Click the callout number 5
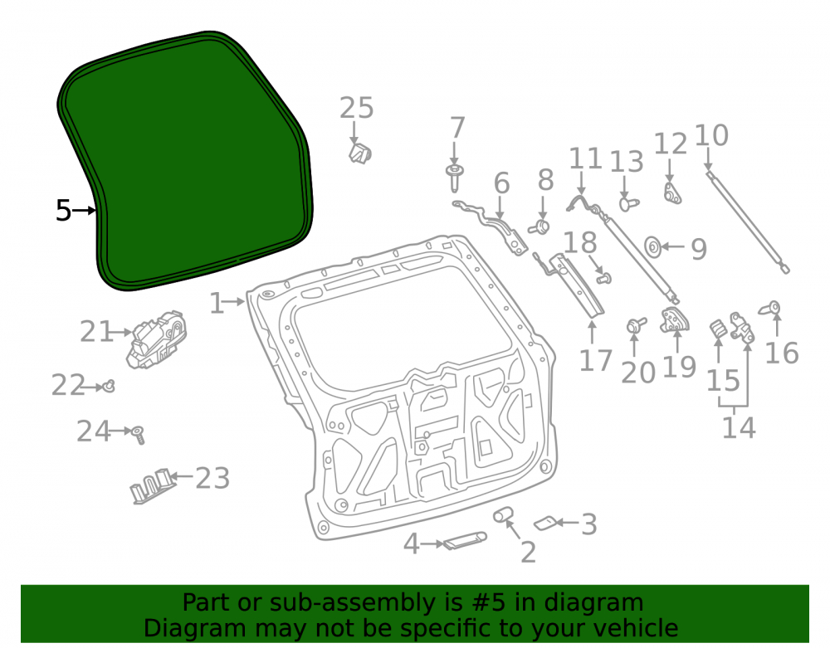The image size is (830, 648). tap(63, 211)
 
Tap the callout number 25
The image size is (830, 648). tap(356, 108)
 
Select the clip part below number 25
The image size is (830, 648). tap(360, 153)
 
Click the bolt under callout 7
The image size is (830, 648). tap(454, 178)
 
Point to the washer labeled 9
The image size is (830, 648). tap(652, 247)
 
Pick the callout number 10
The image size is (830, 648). tap(711, 135)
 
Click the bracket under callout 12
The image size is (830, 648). tap(672, 193)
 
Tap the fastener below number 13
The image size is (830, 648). tap(628, 204)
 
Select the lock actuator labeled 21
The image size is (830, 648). tap(157, 339)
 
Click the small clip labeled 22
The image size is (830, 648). tap(109, 386)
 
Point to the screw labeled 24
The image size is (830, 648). tap(139, 435)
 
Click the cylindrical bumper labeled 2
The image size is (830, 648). tap(503, 514)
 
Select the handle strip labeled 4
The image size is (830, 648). tap(465, 540)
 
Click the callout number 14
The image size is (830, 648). tap(739, 427)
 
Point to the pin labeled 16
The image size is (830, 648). tap(771, 308)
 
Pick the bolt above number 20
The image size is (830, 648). tap(636, 324)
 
